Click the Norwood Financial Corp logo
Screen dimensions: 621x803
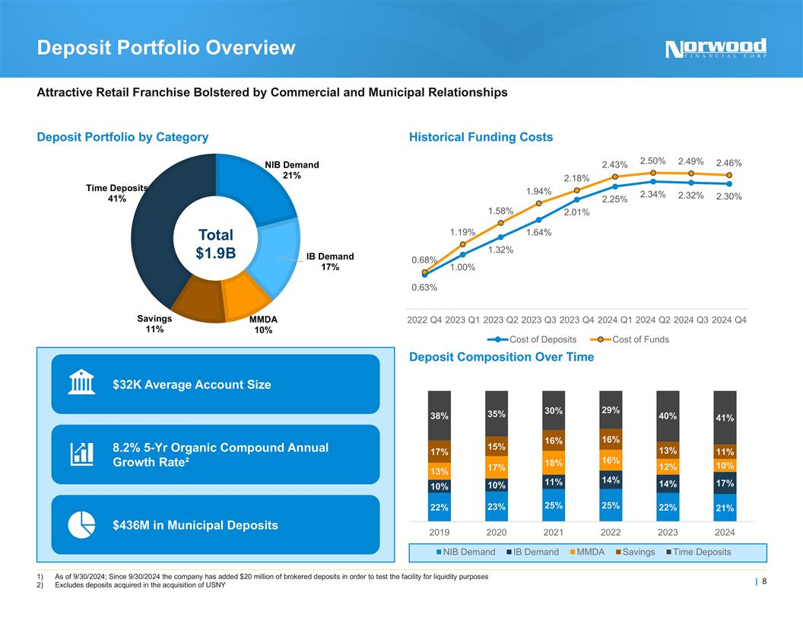coord(716,49)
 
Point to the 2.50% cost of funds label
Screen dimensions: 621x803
coord(652,161)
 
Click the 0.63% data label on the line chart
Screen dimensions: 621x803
coord(424,288)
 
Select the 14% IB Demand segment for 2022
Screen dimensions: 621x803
coord(611,480)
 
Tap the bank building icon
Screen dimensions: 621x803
coord(81,384)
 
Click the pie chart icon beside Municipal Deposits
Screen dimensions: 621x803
coord(81,525)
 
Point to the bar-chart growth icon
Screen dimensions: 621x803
coord(81,454)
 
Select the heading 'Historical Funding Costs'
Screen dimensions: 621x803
coord(481,137)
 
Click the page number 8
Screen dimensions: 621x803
coord(763,582)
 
